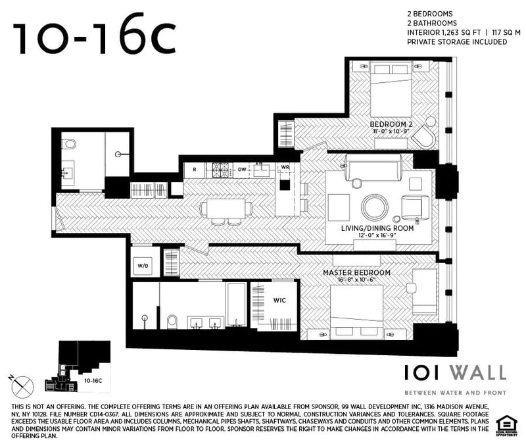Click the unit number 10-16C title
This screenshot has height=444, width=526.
tap(95, 38)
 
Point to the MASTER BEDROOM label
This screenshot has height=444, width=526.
tap(356, 272)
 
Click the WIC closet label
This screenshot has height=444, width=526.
tap(279, 300)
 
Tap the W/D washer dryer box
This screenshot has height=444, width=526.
tap(143, 266)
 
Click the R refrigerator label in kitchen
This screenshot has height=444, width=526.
tap(195, 170)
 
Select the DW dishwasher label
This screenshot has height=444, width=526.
tap(242, 170)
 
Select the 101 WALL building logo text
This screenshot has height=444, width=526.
tap(455, 373)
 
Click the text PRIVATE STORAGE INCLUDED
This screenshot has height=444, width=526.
tap(457, 41)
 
